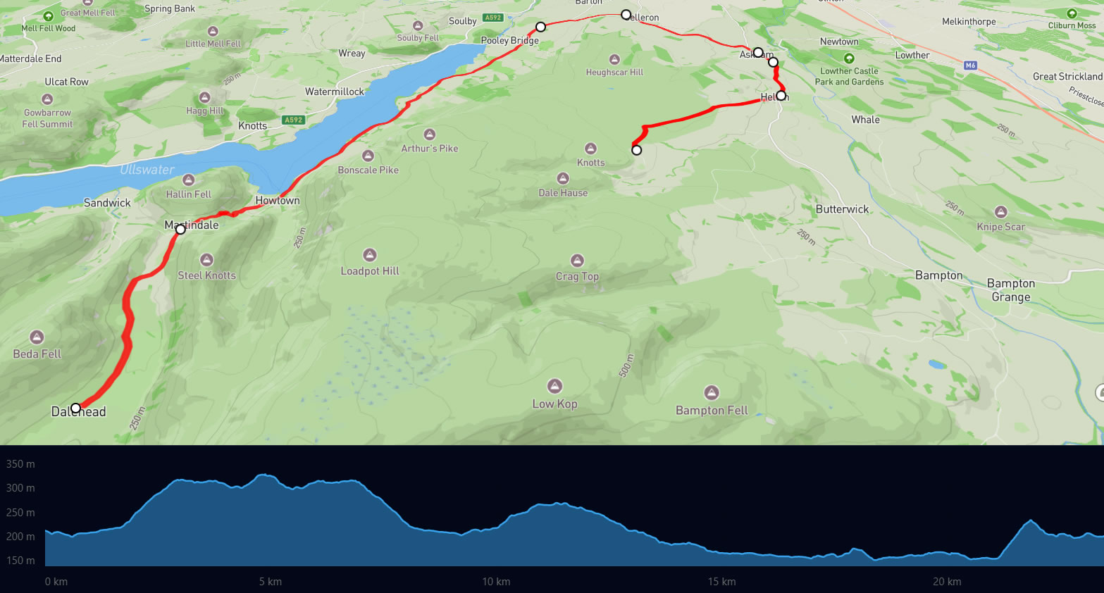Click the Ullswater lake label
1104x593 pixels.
tap(147, 170)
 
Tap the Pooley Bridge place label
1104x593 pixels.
tap(509, 40)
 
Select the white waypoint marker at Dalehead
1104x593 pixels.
tap(76, 408)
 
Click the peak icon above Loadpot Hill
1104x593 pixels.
tap(370, 255)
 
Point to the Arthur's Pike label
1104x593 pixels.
tap(430, 149)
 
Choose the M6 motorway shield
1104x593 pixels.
tap(971, 65)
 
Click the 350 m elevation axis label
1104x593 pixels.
tap(20, 464)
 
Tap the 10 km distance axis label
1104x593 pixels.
tap(496, 582)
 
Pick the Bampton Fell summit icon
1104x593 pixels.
tap(712, 392)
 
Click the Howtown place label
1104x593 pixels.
tap(278, 201)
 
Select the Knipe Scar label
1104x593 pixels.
tap(1000, 227)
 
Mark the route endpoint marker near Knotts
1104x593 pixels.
tap(636, 150)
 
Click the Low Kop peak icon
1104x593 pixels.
tap(555, 386)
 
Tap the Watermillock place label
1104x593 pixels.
tap(335, 92)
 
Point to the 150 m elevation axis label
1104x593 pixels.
tap(20, 561)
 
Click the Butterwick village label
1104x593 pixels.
tap(842, 209)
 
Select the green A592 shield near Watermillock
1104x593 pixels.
tap(294, 120)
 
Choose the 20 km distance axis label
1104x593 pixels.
tap(947, 582)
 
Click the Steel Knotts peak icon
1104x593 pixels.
tap(206, 260)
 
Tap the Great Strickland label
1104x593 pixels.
tap(1067, 76)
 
